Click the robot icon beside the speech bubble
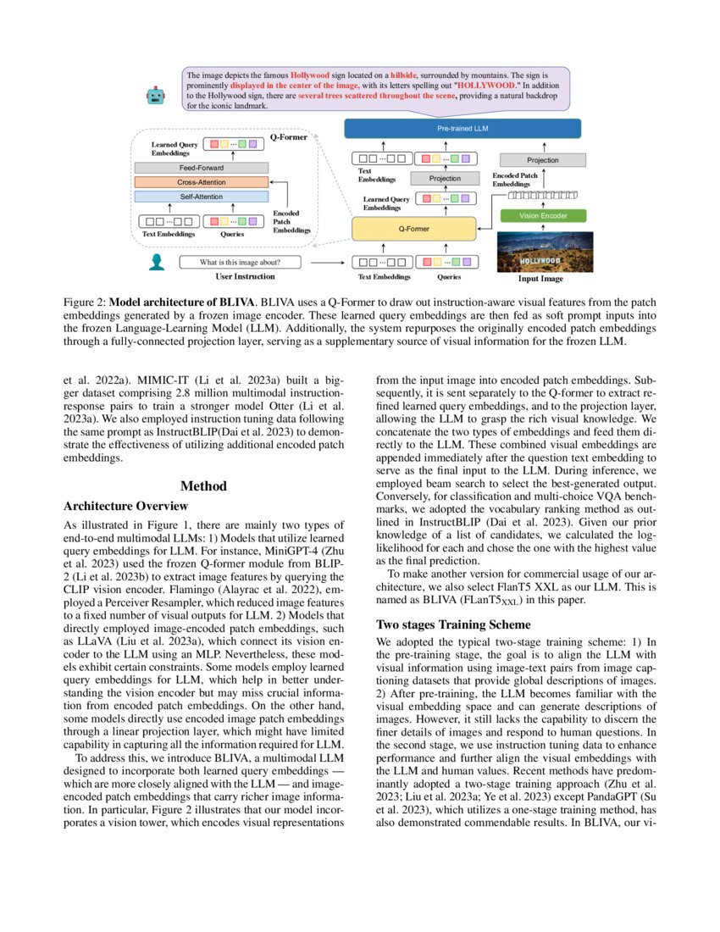tap(156, 96)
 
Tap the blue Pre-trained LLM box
tap(462, 129)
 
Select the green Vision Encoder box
tap(542, 216)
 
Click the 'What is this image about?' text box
tap(240, 262)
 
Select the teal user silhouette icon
tap(156, 263)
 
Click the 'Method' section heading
tap(203, 486)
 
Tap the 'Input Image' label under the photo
tap(540, 278)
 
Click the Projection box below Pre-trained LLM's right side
tap(542, 159)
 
